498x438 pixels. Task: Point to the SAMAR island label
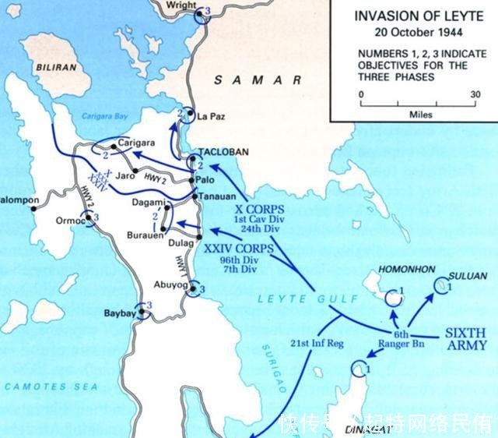tap(257, 80)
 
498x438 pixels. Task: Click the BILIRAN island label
tap(56, 68)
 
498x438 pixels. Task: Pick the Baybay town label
tap(121, 313)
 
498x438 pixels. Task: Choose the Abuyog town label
tap(171, 284)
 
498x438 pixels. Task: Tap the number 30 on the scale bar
tap(475, 94)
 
